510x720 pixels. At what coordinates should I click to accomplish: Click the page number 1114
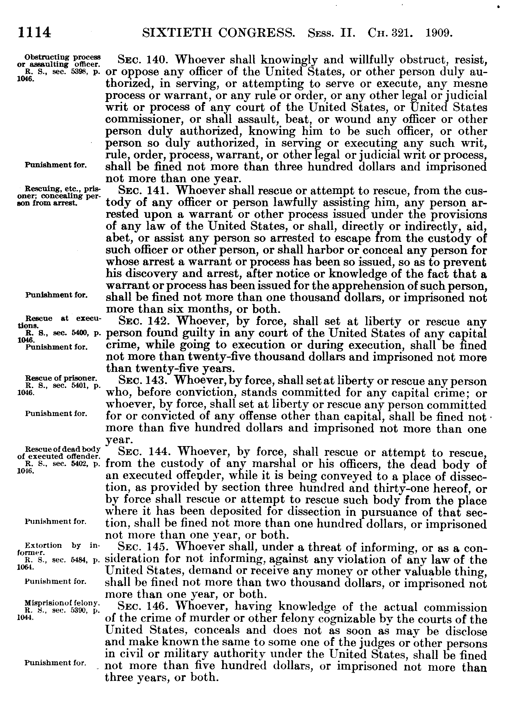pos(34,32)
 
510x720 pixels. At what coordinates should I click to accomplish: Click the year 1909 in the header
pos(439,32)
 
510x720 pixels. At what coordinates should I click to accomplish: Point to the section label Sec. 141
pos(144,191)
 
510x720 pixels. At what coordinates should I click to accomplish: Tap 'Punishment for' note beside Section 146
pos(55,663)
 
